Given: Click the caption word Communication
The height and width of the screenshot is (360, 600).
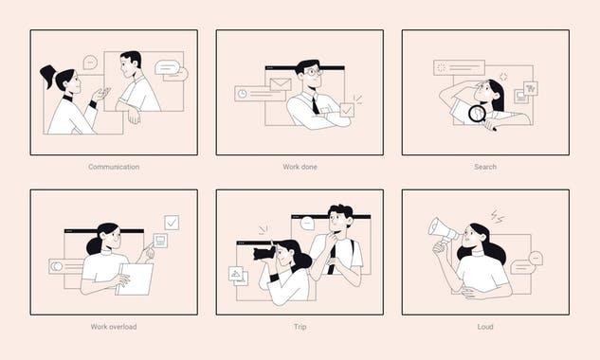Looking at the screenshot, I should coord(114,167).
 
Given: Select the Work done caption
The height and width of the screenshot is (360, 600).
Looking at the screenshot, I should coord(300,167).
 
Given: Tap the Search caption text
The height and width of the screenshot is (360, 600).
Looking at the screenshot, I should coord(485,167).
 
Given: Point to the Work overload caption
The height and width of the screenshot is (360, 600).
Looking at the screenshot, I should coord(114,327).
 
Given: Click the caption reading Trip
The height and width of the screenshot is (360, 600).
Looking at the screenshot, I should coord(300,327).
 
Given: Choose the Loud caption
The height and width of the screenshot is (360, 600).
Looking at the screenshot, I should coord(485,327).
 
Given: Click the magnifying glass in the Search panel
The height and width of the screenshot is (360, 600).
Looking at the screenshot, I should coord(478,115).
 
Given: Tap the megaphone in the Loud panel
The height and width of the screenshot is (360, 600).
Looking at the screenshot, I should coord(443,230).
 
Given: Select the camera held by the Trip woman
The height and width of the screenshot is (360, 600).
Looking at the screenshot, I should coord(264,253).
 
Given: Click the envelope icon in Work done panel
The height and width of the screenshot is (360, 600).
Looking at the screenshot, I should coord(279,85).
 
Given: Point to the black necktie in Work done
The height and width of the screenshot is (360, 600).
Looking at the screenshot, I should coord(316,105).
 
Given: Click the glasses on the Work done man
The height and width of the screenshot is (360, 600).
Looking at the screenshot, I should coord(312,72).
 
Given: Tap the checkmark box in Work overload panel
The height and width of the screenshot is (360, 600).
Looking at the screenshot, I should coord(172,223).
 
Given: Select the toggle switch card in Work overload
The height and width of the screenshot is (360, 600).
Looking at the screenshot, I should coord(65,266).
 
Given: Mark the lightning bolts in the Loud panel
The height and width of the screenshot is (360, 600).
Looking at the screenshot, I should coord(498,217).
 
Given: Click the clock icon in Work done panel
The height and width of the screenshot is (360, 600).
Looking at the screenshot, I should coord(244,94).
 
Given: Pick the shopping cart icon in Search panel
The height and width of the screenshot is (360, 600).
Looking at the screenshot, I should coord(530,88).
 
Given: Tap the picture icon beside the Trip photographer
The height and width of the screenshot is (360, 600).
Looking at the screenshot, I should coord(235,275).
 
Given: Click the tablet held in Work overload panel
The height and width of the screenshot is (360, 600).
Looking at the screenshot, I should coord(135,279).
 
